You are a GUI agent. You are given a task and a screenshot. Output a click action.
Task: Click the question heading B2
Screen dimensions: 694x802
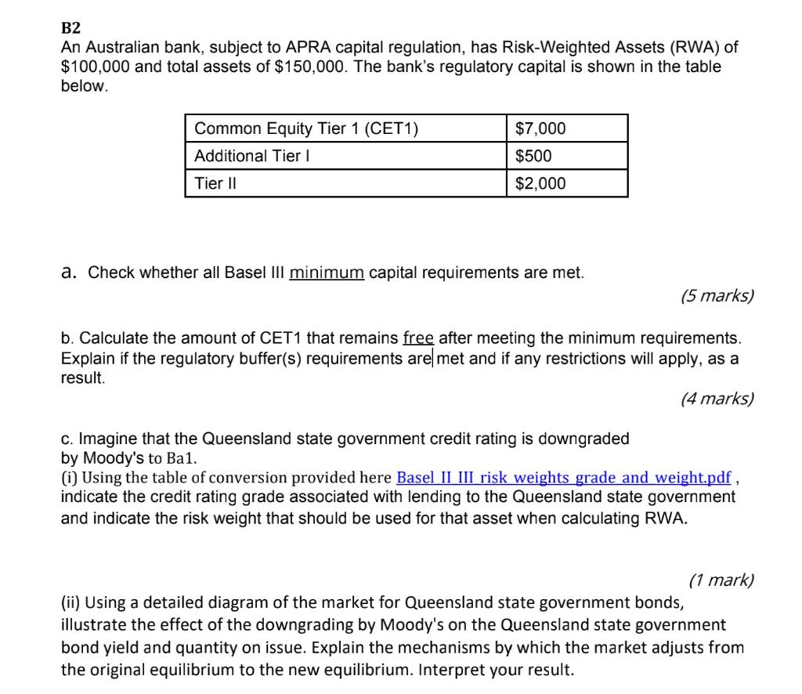tap(71, 30)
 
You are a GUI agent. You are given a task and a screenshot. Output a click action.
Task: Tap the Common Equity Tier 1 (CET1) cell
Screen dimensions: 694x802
tap(306, 128)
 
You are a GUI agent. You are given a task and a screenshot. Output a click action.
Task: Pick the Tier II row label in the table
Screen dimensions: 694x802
tap(215, 183)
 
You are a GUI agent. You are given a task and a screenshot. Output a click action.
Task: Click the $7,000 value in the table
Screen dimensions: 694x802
tap(540, 128)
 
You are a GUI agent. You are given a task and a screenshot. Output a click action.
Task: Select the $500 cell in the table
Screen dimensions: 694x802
tap(533, 156)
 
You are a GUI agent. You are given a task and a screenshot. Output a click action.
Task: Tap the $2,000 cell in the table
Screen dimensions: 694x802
tap(540, 183)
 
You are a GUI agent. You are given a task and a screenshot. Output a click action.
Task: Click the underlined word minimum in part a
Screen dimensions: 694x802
tap(327, 273)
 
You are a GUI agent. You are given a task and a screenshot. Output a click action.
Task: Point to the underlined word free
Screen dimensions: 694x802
tap(418, 338)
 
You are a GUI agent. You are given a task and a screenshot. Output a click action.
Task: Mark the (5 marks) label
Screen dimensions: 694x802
tap(717, 295)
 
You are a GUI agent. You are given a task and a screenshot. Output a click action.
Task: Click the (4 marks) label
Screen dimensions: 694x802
tap(717, 399)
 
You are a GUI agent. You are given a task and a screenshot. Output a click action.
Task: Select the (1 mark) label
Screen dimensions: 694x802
tap(721, 580)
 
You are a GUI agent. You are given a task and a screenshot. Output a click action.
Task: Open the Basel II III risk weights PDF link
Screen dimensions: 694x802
tap(564, 478)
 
